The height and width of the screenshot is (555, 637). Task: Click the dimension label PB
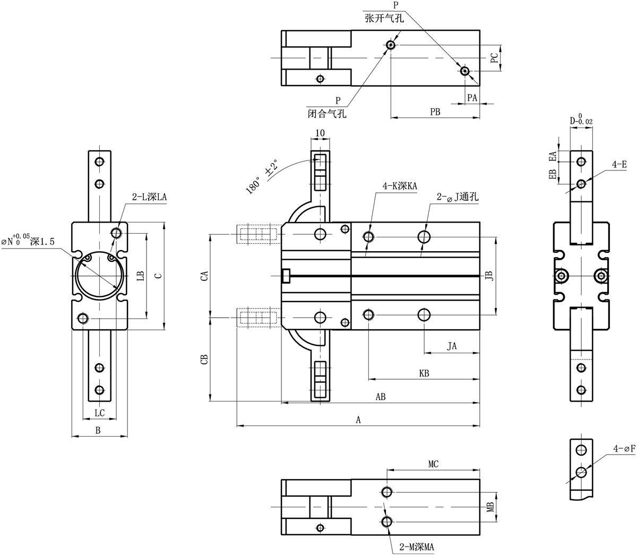tap(435, 112)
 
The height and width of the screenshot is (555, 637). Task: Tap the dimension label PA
tap(472, 98)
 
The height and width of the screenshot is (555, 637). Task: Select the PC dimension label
tap(494, 57)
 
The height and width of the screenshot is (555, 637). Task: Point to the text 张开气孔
tap(384, 18)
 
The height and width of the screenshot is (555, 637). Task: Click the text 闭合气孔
tap(327, 113)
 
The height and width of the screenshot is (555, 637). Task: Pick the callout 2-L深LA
tap(150, 197)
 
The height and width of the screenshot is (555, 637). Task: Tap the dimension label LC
tap(100, 413)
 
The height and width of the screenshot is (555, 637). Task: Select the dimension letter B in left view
tap(98, 430)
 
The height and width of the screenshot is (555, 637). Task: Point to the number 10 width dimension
tap(320, 133)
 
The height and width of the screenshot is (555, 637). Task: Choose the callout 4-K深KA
tap(400, 186)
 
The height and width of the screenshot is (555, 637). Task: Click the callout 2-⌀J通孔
tap(458, 197)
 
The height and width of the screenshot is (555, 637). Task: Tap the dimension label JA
tap(452, 346)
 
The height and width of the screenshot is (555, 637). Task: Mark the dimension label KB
tap(424, 373)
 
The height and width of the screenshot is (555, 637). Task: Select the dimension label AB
tap(381, 397)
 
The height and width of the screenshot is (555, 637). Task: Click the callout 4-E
tap(619, 165)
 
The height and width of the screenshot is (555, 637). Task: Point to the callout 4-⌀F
tap(624, 449)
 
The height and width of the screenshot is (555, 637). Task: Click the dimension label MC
tap(433, 464)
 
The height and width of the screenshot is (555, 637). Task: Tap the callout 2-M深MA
tap(417, 547)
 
